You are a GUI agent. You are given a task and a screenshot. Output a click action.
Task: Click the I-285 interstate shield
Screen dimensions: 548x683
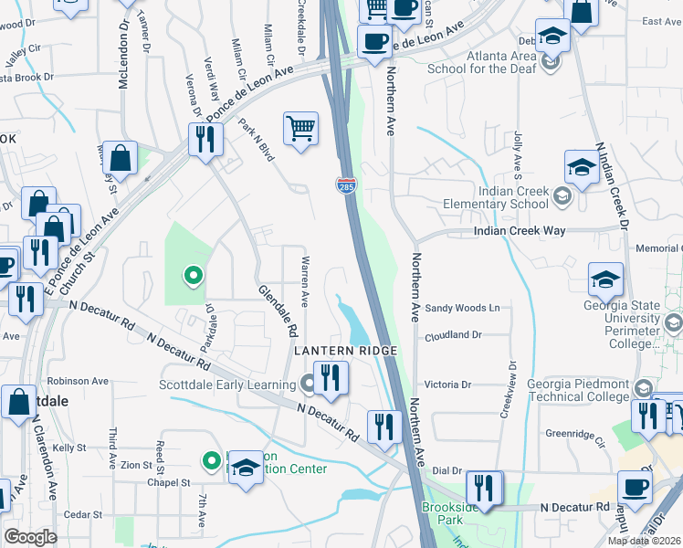346,186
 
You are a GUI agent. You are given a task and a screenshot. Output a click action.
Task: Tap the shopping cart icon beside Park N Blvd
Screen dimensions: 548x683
300,129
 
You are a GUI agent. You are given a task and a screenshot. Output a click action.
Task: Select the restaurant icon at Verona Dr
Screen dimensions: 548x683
205,140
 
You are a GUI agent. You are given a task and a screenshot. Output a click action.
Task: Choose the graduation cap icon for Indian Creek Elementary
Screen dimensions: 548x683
582,168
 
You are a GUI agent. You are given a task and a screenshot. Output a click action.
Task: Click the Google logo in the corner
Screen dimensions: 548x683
30,537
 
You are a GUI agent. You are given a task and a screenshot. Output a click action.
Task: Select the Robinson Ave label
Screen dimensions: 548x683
79,381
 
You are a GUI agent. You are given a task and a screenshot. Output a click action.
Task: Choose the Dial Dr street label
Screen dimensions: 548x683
447,470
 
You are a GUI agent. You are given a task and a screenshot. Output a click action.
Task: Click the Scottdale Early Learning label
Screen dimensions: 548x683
227,385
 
